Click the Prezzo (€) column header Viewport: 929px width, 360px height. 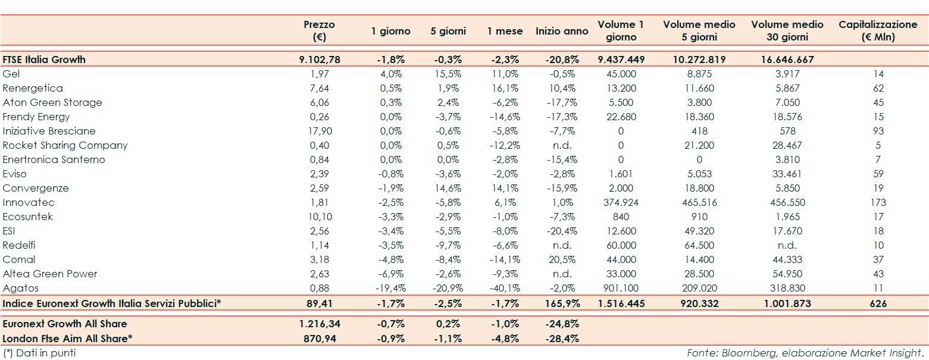319,30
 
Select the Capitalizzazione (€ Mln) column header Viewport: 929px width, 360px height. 878,30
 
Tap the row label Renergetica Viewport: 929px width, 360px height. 33,88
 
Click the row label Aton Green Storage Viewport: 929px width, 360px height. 52,102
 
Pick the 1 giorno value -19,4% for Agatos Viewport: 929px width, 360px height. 390,288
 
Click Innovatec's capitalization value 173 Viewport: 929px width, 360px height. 878,202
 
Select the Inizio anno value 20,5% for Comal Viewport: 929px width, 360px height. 562,259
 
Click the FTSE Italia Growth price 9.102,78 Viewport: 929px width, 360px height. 319,60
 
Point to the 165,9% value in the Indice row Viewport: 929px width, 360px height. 562,303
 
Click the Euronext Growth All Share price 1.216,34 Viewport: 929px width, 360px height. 319,324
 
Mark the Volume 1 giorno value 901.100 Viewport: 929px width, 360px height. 621,288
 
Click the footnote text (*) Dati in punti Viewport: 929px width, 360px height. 39,353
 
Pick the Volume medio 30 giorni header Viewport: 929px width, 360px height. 787,30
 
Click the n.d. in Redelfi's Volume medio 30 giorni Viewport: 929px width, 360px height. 787,245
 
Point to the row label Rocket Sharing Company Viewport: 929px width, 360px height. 65,145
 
